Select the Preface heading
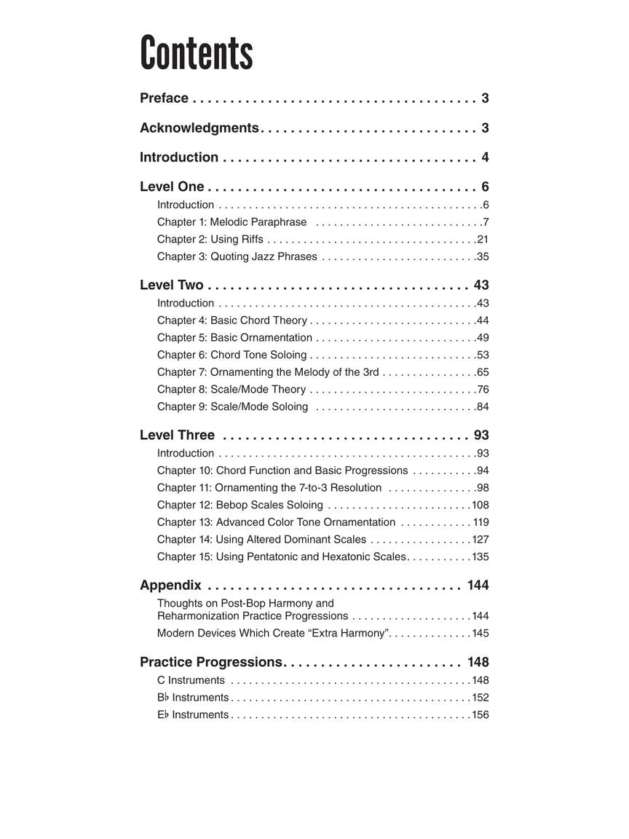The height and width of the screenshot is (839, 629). (164, 98)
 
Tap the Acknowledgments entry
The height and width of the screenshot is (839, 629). (199, 128)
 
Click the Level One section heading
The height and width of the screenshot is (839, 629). (172, 187)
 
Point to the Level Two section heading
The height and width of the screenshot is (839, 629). (172, 285)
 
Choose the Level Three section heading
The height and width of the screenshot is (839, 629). (177, 436)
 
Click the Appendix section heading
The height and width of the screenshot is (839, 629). (170, 586)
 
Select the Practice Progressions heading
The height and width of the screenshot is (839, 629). (210, 662)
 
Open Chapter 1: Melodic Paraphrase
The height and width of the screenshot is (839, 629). (232, 222)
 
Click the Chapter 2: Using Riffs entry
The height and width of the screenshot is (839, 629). (210, 240)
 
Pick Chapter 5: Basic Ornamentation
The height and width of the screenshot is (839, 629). (234, 338)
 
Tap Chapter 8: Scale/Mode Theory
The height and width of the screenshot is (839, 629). (232, 390)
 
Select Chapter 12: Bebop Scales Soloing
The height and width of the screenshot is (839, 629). (240, 505)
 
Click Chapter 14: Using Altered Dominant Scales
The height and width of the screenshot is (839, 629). (261, 540)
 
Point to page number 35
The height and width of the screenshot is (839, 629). (482, 257)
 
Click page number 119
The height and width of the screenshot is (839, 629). (480, 523)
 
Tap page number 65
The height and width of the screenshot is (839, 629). (482, 372)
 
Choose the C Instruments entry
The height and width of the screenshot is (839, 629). (191, 681)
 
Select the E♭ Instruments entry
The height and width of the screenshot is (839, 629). (192, 715)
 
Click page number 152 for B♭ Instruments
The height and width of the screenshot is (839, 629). (480, 698)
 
